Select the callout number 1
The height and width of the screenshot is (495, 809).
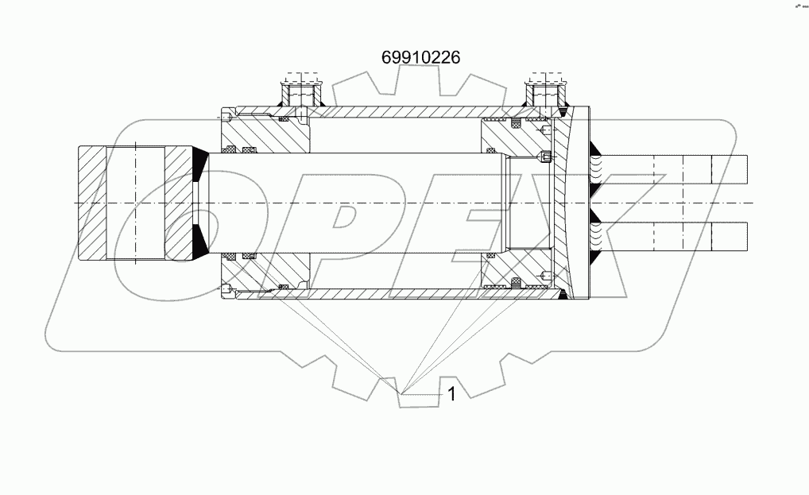click(451, 393)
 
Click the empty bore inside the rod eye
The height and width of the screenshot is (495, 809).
click(136, 203)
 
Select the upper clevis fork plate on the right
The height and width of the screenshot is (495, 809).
click(675, 168)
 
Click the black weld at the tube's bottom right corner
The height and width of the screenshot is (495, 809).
click(563, 296)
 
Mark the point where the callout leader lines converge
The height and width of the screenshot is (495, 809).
click(404, 393)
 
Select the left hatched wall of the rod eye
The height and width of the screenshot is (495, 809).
click(94, 203)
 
